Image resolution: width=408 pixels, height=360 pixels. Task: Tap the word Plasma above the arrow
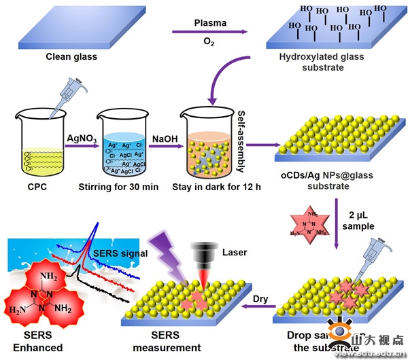point(209,23)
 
